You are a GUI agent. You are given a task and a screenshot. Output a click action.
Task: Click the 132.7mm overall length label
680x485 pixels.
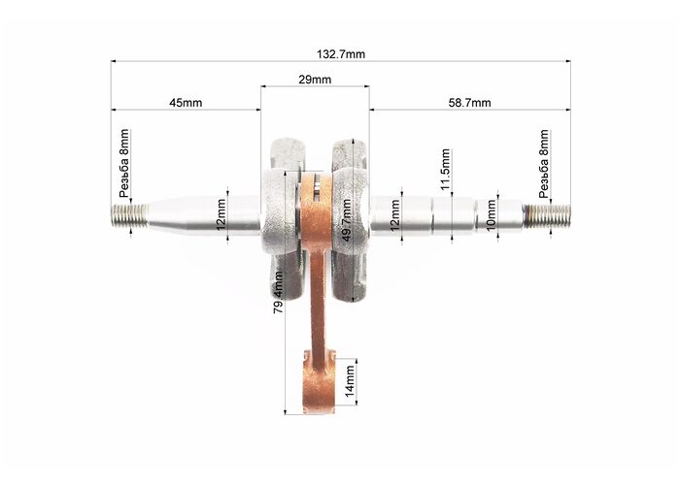[341, 54]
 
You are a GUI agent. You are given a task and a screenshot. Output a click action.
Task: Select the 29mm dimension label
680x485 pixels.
[315, 80]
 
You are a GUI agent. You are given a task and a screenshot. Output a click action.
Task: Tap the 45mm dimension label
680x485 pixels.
[186, 103]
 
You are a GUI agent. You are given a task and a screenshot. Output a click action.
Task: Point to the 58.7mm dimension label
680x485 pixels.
[469, 103]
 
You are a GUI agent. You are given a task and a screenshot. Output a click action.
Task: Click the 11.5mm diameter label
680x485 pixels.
[445, 170]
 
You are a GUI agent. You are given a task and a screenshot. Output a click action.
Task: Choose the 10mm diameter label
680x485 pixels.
[491, 215]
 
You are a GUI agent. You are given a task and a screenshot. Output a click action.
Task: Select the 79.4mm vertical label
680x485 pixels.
[279, 292]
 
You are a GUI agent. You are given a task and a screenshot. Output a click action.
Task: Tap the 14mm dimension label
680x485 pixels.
[350, 381]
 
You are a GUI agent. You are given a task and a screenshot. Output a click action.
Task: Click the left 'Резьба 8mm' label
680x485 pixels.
[124, 163]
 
